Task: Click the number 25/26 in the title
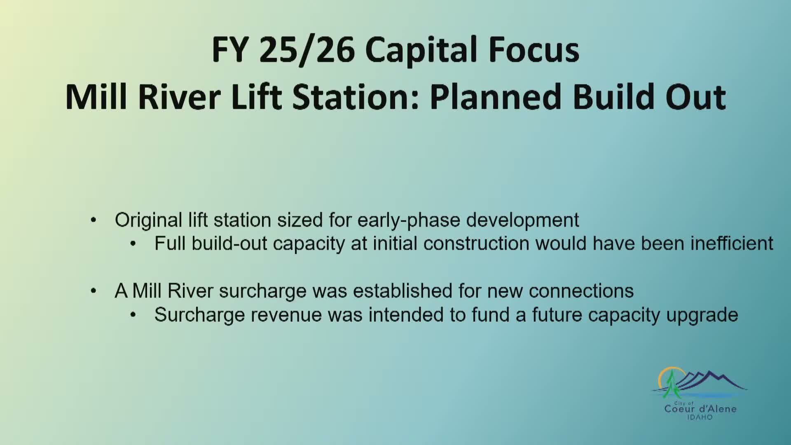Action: (x=307, y=50)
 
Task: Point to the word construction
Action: (x=476, y=244)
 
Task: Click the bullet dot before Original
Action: (x=94, y=220)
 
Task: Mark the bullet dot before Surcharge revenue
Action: (x=133, y=315)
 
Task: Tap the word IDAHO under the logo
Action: (x=700, y=417)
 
